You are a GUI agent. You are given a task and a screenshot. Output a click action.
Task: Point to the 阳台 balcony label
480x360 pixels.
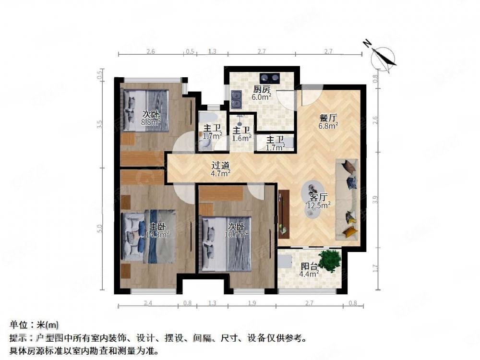[309, 267]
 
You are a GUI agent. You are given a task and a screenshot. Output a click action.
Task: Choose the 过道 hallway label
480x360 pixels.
[221, 165]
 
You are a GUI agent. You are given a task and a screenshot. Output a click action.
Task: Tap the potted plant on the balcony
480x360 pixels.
[330, 261]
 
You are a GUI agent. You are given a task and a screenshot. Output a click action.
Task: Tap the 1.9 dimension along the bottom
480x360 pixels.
[252, 302]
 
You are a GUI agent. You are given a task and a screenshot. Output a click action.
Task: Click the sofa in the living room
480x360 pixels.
[349, 198]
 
